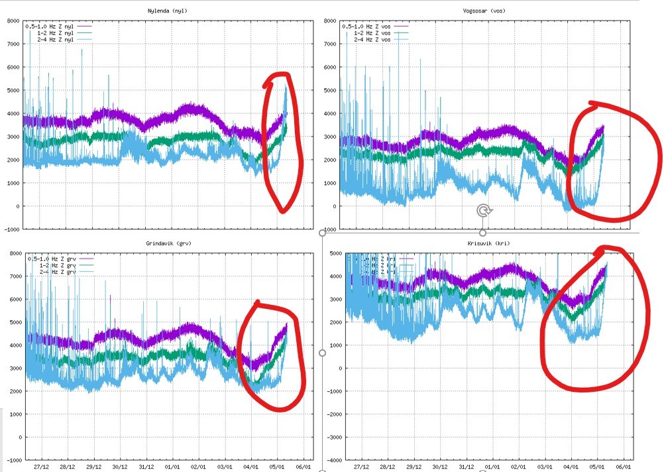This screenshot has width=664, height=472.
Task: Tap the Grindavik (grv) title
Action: point(164,243)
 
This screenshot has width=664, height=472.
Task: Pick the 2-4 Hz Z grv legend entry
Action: point(57,272)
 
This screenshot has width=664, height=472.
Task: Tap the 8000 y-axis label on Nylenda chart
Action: point(13,21)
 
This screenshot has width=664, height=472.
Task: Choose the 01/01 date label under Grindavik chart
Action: point(172,467)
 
